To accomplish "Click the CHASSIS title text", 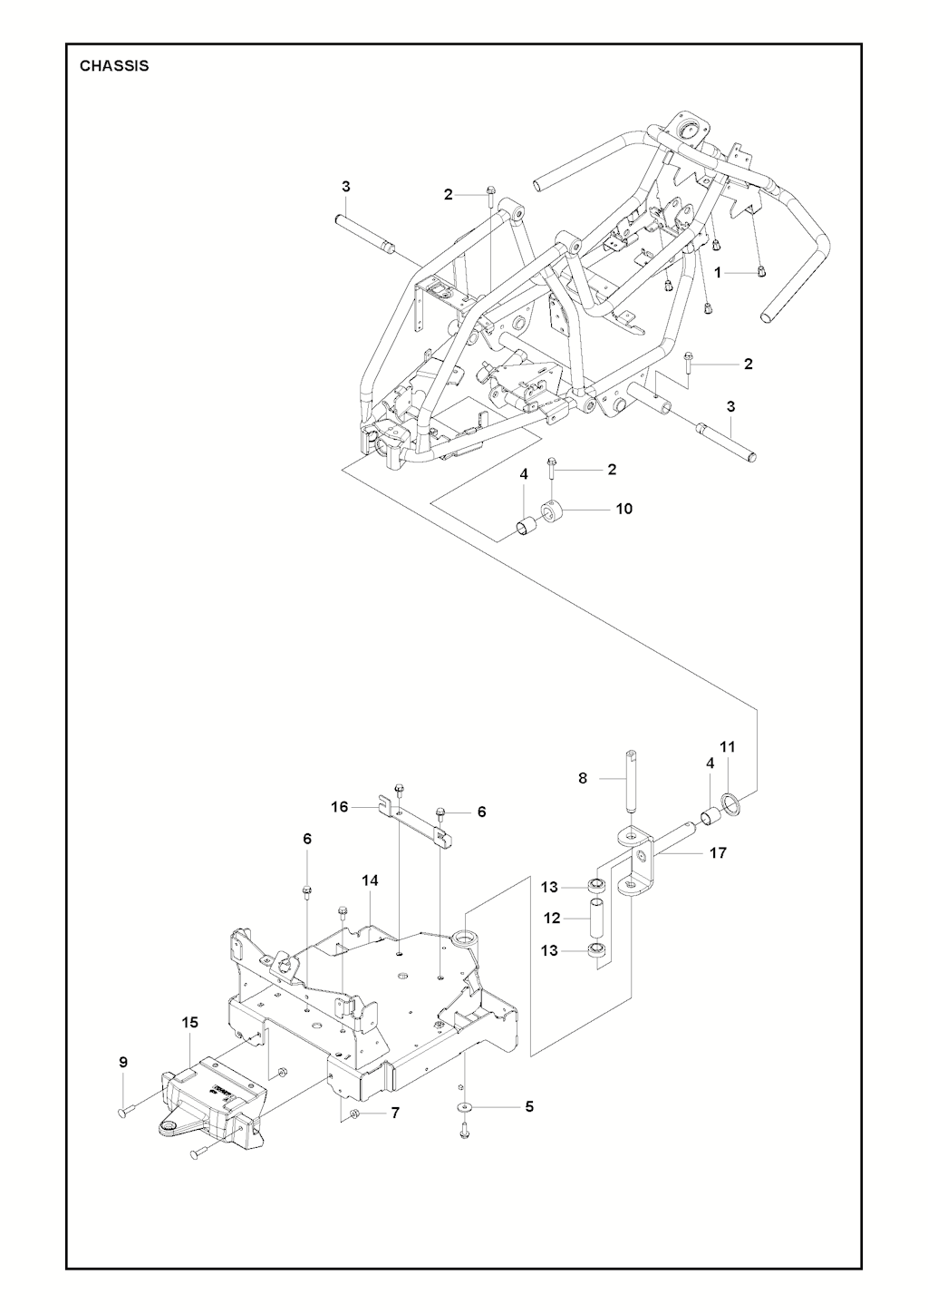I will point(114,66).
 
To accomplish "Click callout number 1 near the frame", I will point(717,272).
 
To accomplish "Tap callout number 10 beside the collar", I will point(623,509).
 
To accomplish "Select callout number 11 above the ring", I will point(727,746).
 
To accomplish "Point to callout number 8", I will point(583,777).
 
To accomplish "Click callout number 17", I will point(718,852).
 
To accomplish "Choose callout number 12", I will point(553,919).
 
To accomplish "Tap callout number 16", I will point(340,806).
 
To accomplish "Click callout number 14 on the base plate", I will point(370,880).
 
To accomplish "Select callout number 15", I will point(189,1022).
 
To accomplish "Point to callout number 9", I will point(123,1062).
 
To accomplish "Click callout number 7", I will point(395,1113).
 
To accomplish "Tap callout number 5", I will point(529,1106).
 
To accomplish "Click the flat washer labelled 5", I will point(464,1106).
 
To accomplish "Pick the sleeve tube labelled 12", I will point(598,919).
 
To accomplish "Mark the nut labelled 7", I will point(355,1114).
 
